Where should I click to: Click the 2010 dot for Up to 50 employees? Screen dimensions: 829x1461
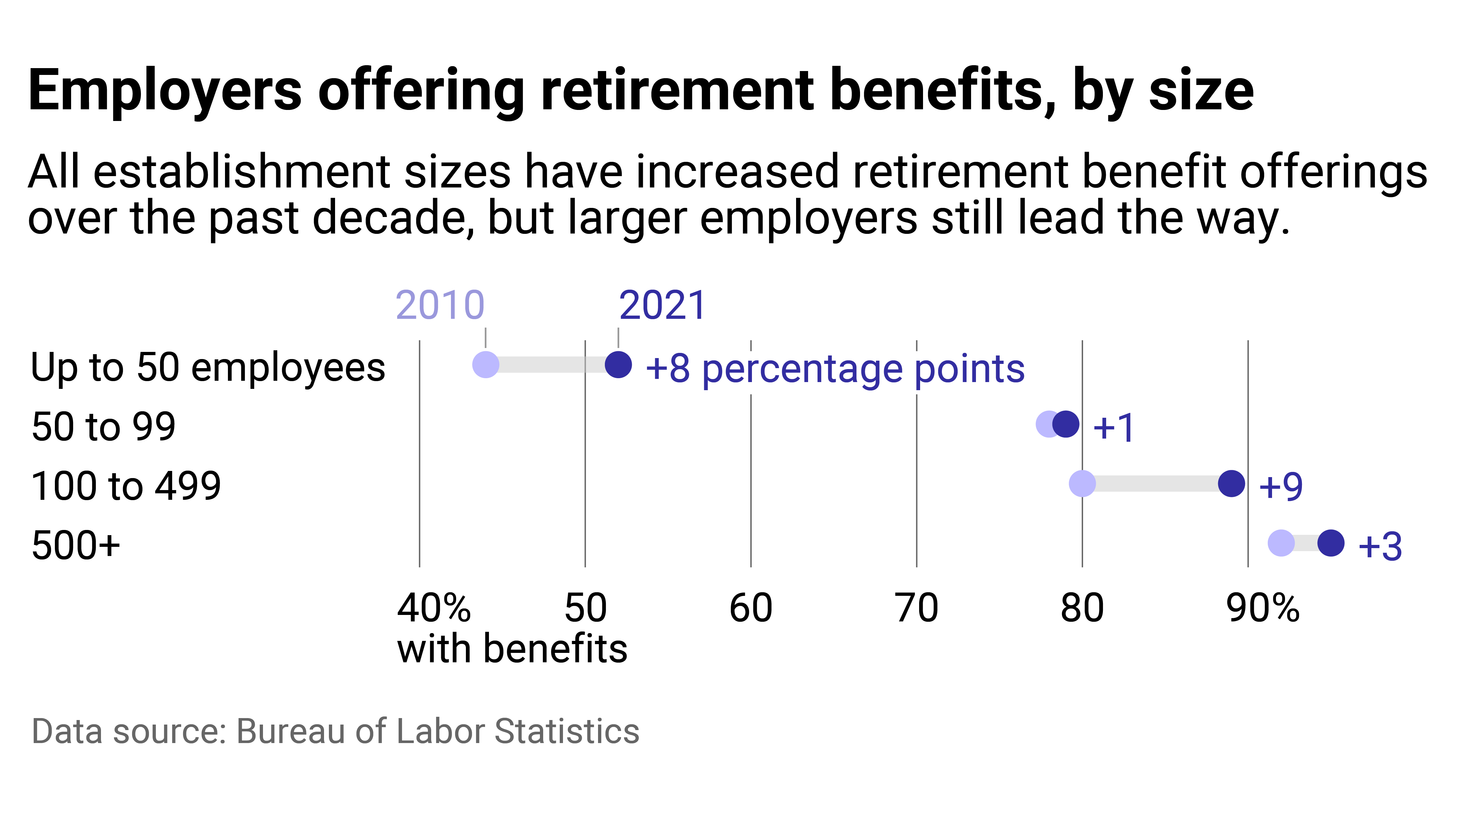[485, 365]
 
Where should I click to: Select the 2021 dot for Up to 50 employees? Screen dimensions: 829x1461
[618, 365]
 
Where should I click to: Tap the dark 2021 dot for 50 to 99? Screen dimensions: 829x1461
[1066, 424]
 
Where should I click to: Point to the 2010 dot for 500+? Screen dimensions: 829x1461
[1281, 543]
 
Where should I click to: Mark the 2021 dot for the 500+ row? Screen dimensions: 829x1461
[1331, 543]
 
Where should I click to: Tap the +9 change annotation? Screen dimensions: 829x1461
[1281, 486]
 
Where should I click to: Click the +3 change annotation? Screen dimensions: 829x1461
[1380, 546]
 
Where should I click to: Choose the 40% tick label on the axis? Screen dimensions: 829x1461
[434, 608]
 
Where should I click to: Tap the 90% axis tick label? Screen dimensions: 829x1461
[1263, 608]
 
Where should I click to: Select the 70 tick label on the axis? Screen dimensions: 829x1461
[916, 608]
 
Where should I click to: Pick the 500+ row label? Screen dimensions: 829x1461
[76, 546]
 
